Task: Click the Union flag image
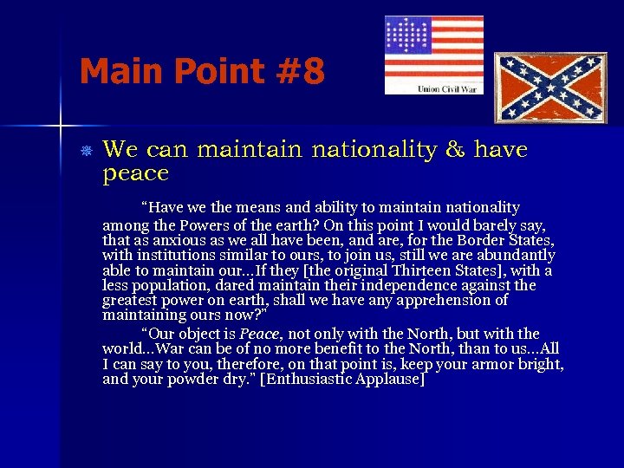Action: click(x=433, y=49)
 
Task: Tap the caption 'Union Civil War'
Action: click(x=445, y=88)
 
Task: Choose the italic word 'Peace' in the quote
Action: click(x=259, y=334)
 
